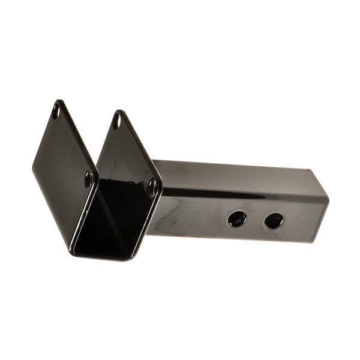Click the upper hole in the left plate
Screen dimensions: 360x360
(x=56, y=111)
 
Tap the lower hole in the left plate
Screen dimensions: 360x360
(x=89, y=178)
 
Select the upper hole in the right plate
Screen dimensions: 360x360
(x=117, y=122)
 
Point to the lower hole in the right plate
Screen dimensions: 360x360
(x=152, y=188)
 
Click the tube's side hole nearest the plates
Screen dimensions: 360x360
(x=237, y=218)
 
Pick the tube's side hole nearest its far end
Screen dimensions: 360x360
(x=274, y=220)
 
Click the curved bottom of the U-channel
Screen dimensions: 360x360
(x=102, y=255)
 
